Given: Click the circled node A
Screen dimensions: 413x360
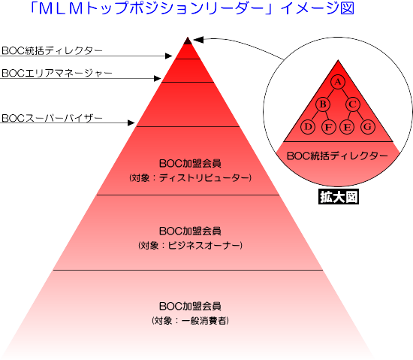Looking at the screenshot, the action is [338, 82].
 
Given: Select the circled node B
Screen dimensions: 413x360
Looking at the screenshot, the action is [323, 104].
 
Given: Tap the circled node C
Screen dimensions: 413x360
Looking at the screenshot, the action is [353, 104].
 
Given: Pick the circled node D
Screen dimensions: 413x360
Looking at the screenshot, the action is [308, 127].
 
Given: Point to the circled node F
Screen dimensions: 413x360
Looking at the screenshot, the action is [329, 127].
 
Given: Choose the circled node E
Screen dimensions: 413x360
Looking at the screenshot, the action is [347, 127].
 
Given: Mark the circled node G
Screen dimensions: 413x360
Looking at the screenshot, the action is [368, 127].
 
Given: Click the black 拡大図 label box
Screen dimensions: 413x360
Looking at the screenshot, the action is [339, 197].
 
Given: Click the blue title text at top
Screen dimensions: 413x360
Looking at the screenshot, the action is [192, 9].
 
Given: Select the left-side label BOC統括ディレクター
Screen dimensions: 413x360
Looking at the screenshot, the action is [52, 50].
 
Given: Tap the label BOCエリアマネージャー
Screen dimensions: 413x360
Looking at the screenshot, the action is [57, 73].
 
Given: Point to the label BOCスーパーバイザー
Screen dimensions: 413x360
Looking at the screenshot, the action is [52, 118].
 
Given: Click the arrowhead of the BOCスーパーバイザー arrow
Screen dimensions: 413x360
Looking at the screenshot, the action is [131, 123].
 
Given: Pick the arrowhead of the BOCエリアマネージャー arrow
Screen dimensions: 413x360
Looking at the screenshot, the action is [157, 78].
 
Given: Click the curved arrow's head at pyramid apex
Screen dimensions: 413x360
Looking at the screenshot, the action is [198, 40].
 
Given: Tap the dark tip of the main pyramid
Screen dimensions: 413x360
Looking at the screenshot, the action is [188, 41].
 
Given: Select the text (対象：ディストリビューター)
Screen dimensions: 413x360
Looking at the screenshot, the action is [190, 178].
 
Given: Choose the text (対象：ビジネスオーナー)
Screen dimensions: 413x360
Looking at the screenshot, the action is [190, 246].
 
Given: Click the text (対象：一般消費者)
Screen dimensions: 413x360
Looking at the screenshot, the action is [190, 321].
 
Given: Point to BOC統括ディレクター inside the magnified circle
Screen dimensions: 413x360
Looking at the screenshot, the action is [337, 156].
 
